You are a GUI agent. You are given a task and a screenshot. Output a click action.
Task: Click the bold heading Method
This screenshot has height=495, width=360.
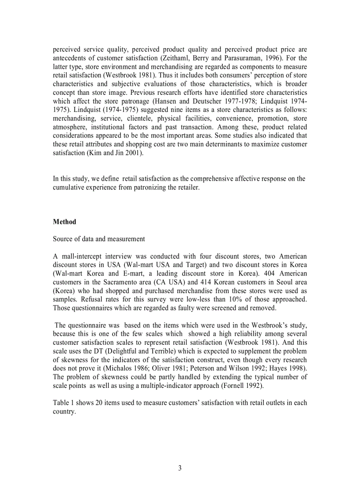(x=64, y=222)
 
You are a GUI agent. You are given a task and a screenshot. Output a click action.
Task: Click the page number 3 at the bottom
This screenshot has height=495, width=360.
(x=180, y=469)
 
